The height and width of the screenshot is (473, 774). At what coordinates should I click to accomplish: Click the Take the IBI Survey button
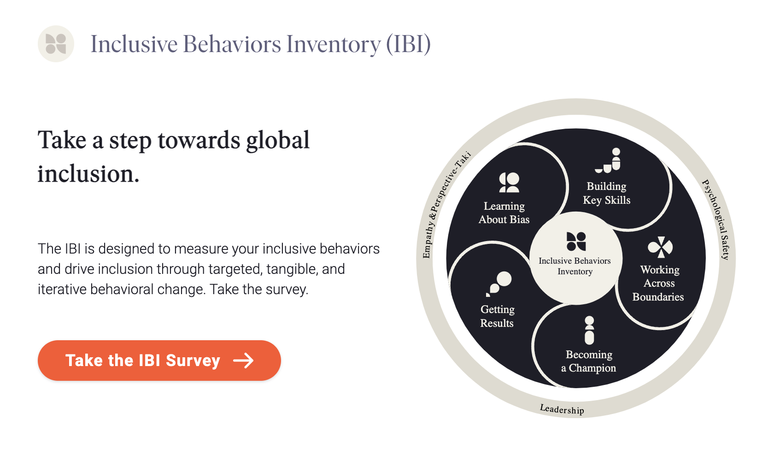point(159,361)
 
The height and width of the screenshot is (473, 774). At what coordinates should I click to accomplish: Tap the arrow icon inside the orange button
point(243,361)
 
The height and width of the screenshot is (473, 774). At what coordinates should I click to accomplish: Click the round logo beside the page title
point(56,44)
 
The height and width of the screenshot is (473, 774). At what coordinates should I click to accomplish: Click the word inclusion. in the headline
point(88,174)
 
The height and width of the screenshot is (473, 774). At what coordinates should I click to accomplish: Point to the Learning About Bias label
point(504,213)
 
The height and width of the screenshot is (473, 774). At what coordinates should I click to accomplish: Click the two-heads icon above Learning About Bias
point(509,183)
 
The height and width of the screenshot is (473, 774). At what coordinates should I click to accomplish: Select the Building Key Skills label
point(606,193)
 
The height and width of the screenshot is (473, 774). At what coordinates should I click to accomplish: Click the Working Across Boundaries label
point(659,283)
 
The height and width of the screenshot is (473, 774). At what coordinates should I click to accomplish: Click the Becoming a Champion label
point(589,361)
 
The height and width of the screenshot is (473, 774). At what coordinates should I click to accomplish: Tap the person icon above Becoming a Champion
point(589,330)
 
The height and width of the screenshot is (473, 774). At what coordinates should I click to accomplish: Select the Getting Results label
point(497,316)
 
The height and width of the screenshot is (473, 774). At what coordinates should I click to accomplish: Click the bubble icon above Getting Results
point(499,283)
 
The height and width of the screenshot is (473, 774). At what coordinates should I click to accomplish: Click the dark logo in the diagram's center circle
point(576,241)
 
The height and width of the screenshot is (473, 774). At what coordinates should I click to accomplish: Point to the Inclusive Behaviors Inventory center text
point(575,266)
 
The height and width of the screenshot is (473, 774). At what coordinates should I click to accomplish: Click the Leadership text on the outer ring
point(562,409)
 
